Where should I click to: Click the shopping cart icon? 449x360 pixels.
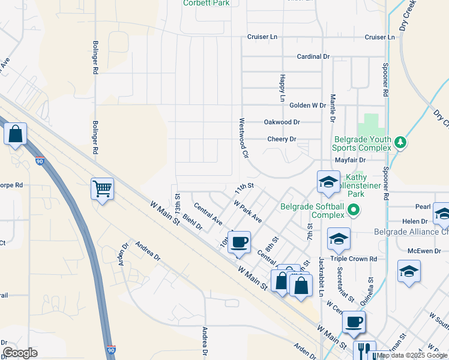tap(103, 188)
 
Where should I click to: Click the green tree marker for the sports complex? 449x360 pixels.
tap(400, 143)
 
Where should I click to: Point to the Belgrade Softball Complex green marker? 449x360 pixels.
tap(354, 211)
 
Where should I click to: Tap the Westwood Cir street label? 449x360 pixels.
tap(244, 137)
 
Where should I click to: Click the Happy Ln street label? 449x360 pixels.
tap(282, 88)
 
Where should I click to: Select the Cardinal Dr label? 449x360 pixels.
tap(313, 56)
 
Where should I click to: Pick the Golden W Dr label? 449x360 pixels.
tap(307, 105)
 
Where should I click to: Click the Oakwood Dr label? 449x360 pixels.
tap(282, 122)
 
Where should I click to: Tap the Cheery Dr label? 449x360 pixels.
tap(282, 139)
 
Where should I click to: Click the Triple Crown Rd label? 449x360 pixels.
tap(357, 259)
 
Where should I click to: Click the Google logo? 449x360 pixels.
tap(20, 353)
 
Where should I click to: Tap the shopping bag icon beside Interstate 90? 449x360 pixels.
tap(16, 134)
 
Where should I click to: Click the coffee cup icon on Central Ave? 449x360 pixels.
tap(240, 242)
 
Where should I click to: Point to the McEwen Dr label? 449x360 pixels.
tap(424, 251)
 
